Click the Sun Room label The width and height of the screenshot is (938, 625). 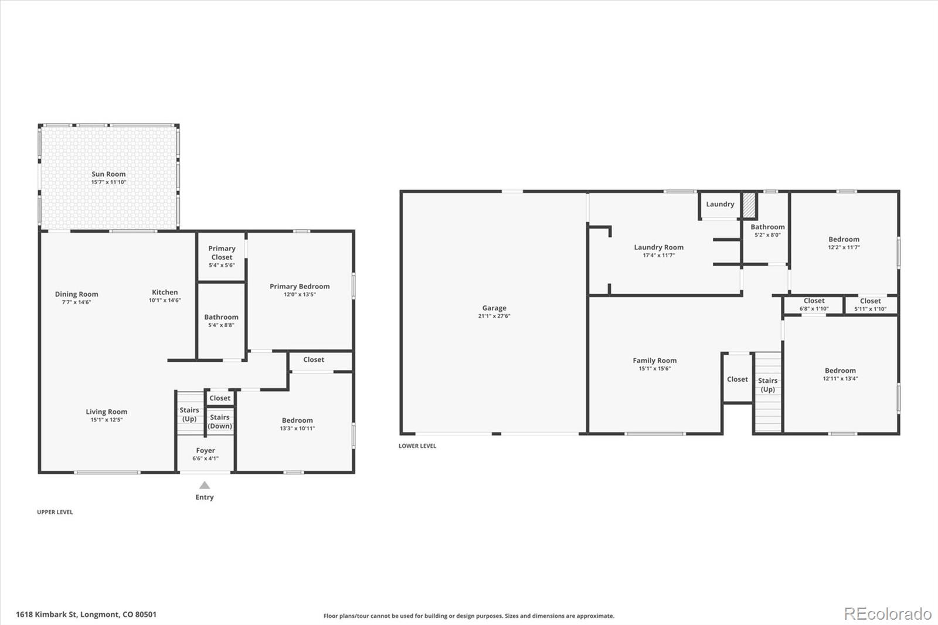tap(108, 174)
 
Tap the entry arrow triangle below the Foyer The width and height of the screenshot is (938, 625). tap(205, 485)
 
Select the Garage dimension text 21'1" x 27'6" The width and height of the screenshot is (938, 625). tap(494, 316)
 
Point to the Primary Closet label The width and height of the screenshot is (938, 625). tap(222, 253)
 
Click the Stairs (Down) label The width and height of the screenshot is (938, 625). tap(220, 422)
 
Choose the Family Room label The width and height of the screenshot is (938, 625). tap(654, 360)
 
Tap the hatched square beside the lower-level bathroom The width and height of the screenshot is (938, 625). tap(749, 205)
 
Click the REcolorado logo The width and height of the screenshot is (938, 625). tap(888, 614)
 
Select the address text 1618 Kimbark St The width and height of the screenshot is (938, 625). tap(46, 614)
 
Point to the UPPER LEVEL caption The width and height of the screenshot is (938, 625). tap(55, 512)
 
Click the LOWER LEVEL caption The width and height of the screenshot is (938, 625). tap(417, 446)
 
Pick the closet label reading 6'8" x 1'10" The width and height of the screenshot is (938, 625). tap(814, 309)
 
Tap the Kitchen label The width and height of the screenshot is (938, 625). tap(165, 292)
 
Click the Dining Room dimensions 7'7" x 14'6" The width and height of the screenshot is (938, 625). tap(77, 302)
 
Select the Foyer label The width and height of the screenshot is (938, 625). tap(205, 450)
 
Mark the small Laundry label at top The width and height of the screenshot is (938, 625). tap(720, 204)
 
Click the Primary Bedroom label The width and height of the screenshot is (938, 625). tap(300, 286)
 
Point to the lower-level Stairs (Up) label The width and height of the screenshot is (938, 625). tap(767, 385)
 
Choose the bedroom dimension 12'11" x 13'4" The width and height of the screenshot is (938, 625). tap(840, 378)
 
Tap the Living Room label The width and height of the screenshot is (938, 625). tap(106, 412)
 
